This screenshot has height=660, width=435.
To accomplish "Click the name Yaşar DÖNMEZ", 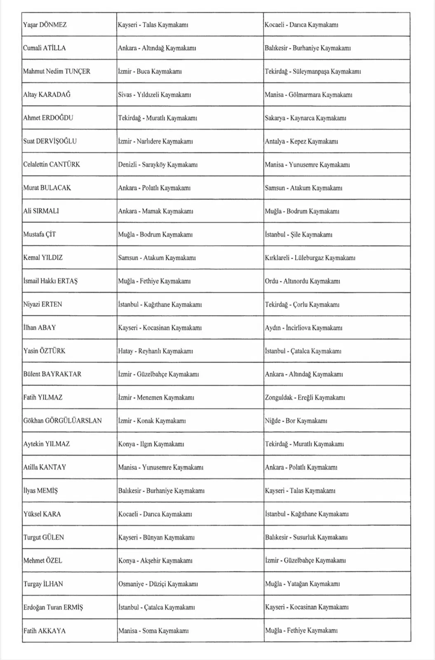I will click(x=45, y=25).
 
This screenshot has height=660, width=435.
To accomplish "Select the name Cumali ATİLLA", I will click(x=45, y=48).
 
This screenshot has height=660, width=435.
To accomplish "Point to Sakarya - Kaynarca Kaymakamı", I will click(x=305, y=118).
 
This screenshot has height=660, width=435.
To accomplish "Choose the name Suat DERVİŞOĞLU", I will click(x=50, y=141).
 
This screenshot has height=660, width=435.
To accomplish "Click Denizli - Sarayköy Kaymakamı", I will click(x=158, y=165).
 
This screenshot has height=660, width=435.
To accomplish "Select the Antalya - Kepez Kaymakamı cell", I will click(x=301, y=141).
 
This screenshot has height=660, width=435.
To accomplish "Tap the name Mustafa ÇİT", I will click(x=40, y=234).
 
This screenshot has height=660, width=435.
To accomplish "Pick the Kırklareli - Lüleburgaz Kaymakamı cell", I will click(x=310, y=258).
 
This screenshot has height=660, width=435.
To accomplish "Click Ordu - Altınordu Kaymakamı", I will click(x=302, y=281).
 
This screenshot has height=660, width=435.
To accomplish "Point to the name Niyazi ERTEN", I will click(x=42, y=304).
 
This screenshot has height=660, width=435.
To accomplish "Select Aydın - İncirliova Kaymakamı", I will click(x=303, y=328).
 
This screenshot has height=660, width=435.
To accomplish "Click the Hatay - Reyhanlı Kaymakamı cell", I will click(x=155, y=351).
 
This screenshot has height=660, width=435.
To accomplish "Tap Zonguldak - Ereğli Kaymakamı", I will click(x=305, y=398).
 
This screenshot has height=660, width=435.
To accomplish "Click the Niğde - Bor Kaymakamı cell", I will click(x=296, y=421).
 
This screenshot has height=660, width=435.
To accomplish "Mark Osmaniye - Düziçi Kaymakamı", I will click(x=158, y=584).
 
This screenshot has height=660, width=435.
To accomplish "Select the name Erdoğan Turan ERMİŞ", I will click(x=53, y=607).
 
